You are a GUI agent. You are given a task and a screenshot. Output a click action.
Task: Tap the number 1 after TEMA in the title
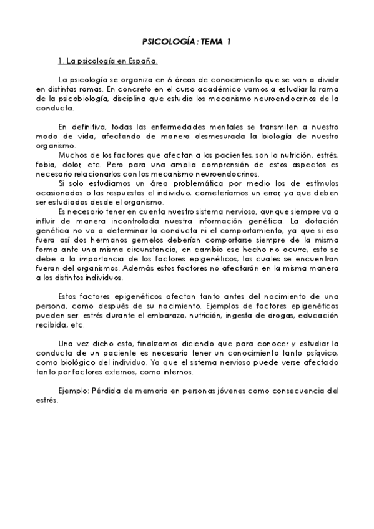click(x=229, y=42)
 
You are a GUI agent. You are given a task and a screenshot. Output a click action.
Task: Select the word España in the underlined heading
click(x=144, y=62)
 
